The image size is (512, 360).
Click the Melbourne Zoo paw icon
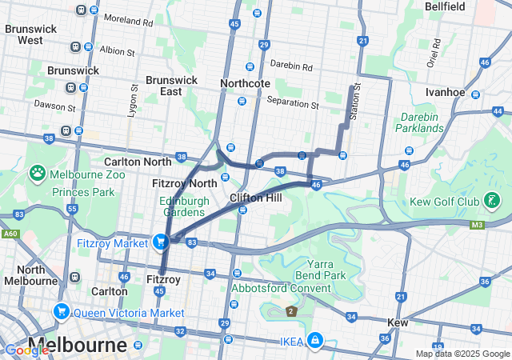[x=38, y=173]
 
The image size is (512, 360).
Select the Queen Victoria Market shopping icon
[x=61, y=311]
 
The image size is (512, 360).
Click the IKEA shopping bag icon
[x=316, y=341]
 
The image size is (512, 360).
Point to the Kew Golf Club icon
[x=492, y=199]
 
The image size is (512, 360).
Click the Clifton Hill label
[x=254, y=197]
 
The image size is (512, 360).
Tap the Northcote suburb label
[x=245, y=83]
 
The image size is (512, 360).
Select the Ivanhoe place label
[x=446, y=92]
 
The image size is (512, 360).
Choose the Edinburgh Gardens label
[x=184, y=206]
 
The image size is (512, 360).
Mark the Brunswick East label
[x=170, y=86]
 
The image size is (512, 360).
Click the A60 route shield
[x=9, y=234]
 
